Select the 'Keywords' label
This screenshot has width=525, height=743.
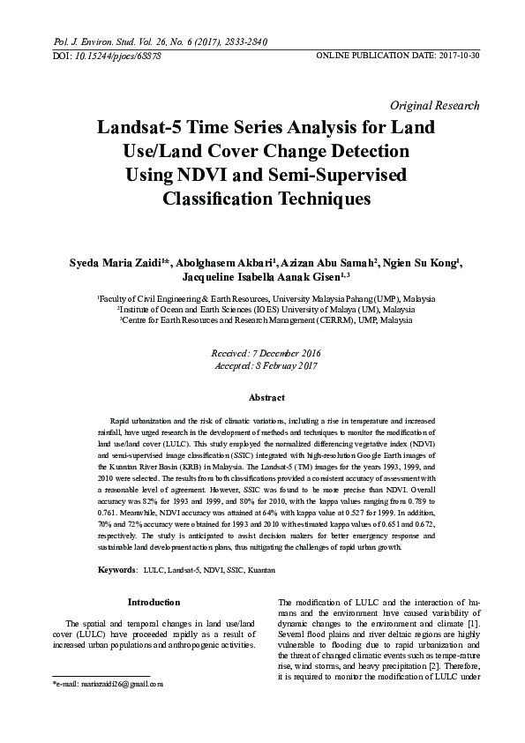[116, 572]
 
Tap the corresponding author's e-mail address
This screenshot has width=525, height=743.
[112, 684]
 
